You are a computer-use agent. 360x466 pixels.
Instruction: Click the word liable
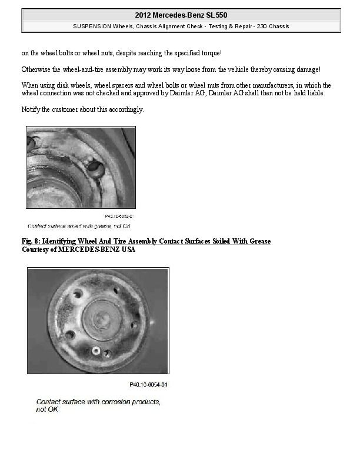(x=314, y=94)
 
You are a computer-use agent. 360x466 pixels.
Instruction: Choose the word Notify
(x=31, y=109)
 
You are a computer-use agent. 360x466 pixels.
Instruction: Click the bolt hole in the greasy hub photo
(x=94, y=169)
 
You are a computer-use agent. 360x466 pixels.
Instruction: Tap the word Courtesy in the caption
(x=35, y=249)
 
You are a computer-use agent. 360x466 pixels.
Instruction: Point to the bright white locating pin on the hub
(x=95, y=350)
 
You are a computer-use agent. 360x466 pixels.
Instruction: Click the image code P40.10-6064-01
(x=148, y=385)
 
